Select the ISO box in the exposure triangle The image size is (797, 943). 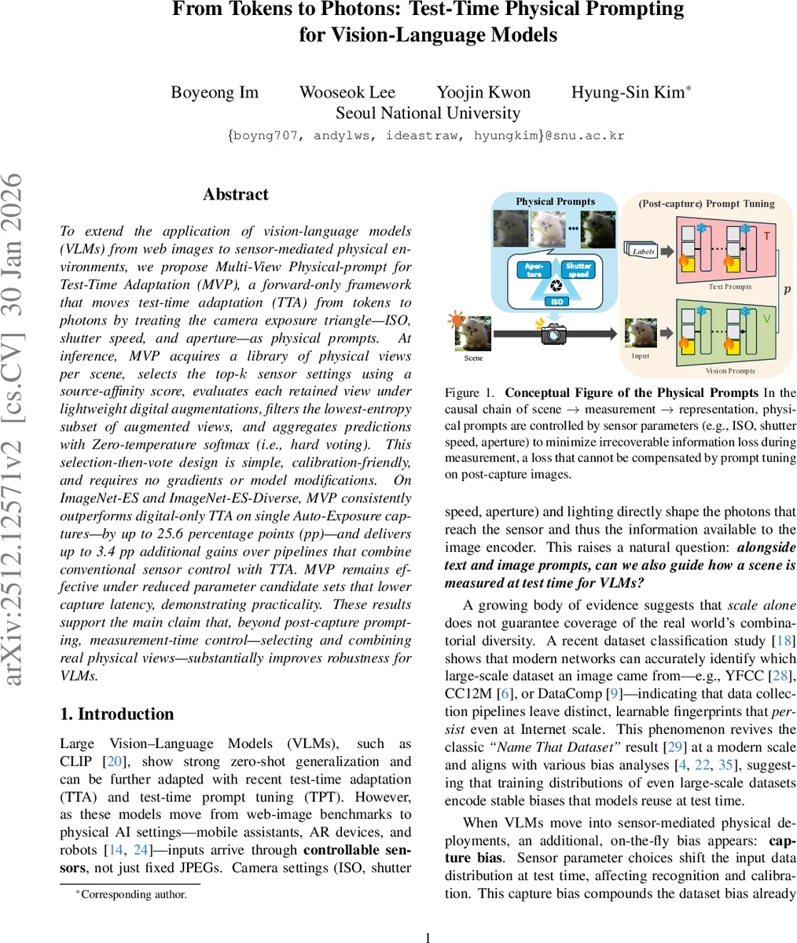pyautogui.click(x=556, y=301)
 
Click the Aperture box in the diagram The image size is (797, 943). pyautogui.click(x=534, y=270)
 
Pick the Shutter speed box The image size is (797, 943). pyautogui.click(x=578, y=270)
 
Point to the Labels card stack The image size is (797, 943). pyautogui.click(x=642, y=251)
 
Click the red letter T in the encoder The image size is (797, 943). pyautogui.click(x=766, y=236)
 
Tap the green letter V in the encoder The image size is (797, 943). pyautogui.click(x=766, y=318)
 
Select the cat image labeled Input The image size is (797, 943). pyautogui.click(x=641, y=332)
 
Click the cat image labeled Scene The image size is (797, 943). pyautogui.click(x=473, y=334)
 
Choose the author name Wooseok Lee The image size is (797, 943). pyautogui.click(x=347, y=92)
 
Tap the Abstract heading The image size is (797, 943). pyautogui.click(x=236, y=195)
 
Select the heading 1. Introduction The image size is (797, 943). pyautogui.click(x=117, y=714)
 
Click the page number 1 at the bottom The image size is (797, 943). pyautogui.click(x=428, y=937)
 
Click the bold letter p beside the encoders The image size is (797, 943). pyautogui.click(x=787, y=288)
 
